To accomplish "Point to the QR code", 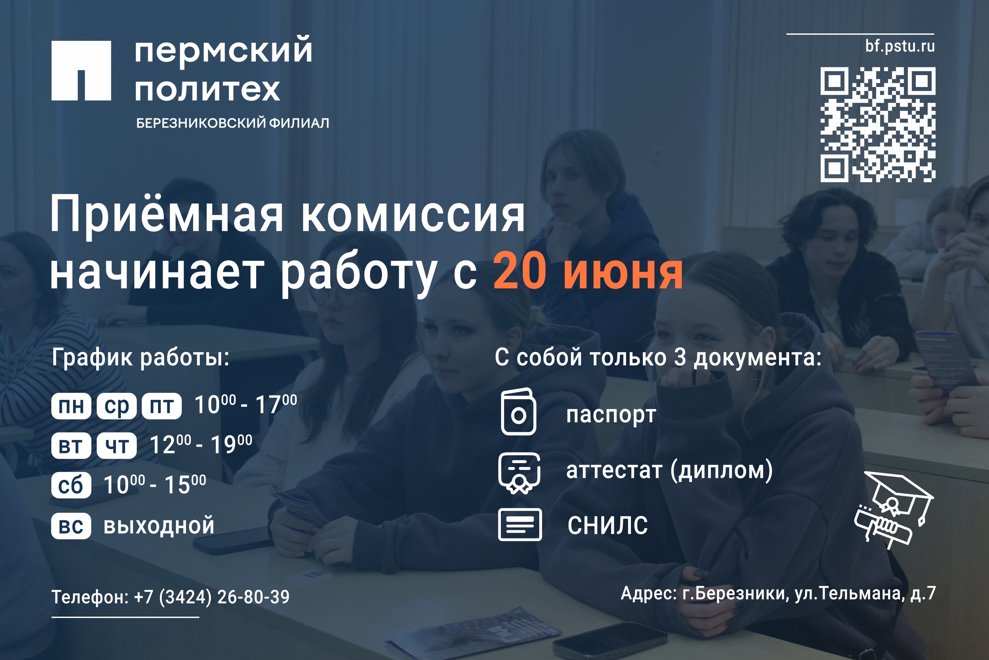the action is (x=878, y=124).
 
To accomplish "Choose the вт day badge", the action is (x=71, y=445).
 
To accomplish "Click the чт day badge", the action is (x=116, y=445).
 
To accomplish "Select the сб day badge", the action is (x=71, y=485).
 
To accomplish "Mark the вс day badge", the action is (x=71, y=526).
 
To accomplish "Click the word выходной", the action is (x=159, y=526).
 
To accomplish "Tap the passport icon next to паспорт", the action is (x=518, y=411).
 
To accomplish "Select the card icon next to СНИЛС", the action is (x=520, y=524).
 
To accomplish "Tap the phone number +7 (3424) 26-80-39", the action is (x=211, y=597).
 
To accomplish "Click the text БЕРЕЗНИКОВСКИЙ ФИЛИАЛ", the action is (x=233, y=123).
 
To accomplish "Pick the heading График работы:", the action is (x=141, y=358).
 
